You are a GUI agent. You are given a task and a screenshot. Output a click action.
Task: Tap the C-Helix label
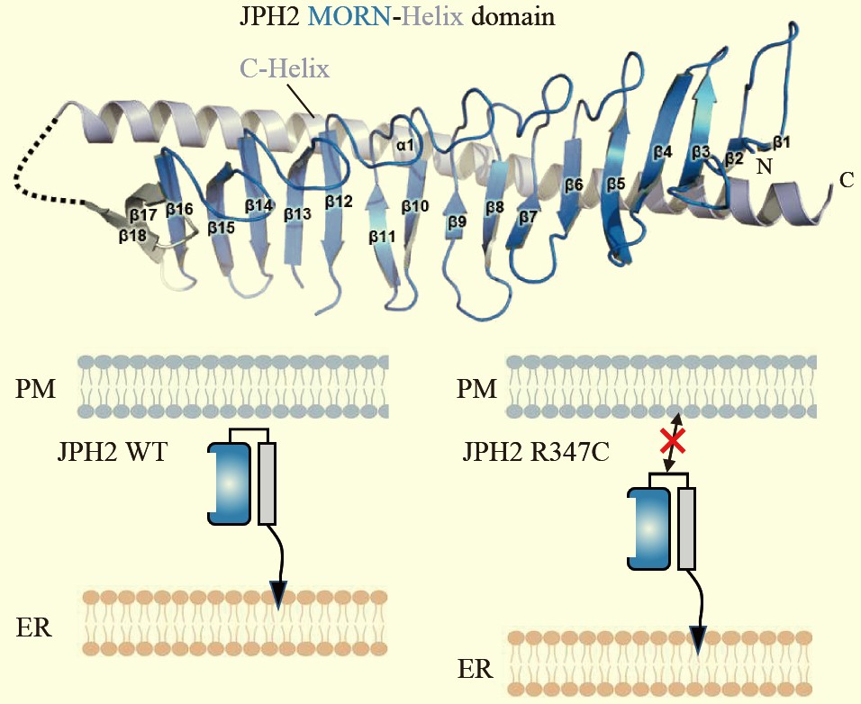tap(285, 69)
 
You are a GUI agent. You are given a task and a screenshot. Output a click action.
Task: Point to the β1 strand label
tap(782, 142)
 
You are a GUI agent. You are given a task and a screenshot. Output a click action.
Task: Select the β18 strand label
tap(132, 236)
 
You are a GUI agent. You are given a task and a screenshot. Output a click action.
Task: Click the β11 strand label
tap(382, 237)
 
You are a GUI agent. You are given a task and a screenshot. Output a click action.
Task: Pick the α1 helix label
tap(404, 146)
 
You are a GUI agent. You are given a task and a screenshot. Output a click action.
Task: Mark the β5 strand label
tap(616, 184)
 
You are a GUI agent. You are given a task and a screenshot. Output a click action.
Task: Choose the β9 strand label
tap(457, 222)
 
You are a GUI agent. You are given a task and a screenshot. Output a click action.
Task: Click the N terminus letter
tap(764, 166)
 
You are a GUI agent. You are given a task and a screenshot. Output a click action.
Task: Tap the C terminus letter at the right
tap(847, 179)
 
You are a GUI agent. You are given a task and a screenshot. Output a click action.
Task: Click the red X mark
tap(673, 441)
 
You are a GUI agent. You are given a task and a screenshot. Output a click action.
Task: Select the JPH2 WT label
tap(112, 453)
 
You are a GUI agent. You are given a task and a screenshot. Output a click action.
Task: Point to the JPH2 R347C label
tap(535, 453)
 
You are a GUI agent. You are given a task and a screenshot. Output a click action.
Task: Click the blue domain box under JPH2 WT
tap(230, 483)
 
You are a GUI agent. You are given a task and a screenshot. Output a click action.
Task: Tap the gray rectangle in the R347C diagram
tap(687, 528)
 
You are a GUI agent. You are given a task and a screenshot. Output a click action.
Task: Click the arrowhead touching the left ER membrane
tap(278, 595)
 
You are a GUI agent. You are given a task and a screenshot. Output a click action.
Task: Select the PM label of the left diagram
tap(35, 389)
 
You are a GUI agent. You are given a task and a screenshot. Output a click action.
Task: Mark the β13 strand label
tap(297, 214)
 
